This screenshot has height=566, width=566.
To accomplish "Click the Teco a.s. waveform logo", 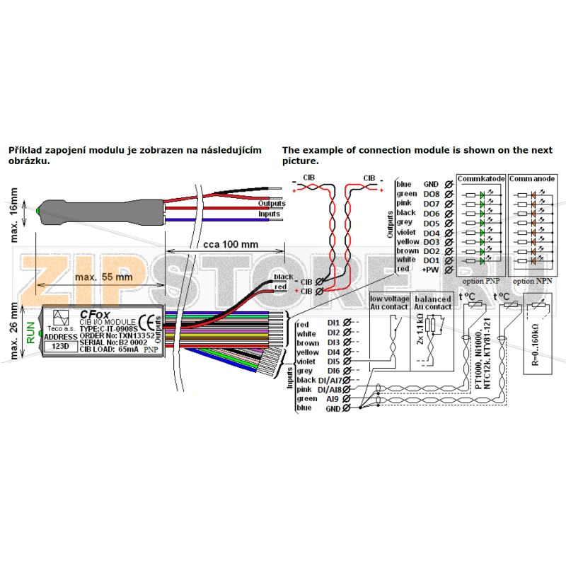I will (x=62, y=318).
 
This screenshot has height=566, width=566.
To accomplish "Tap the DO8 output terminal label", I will (x=431, y=194).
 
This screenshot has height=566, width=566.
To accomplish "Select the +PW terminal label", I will (x=431, y=270).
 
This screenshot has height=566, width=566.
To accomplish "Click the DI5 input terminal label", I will (x=334, y=361).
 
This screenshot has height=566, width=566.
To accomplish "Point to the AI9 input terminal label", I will (x=333, y=399).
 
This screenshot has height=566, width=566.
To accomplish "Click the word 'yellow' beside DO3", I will (x=408, y=242).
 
